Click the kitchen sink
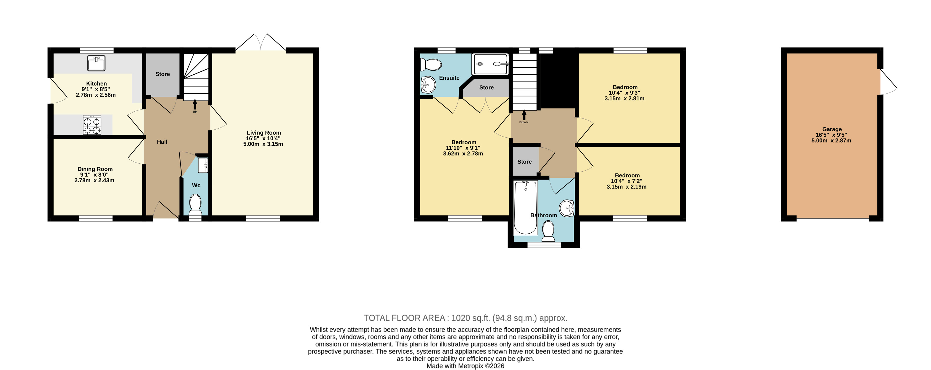coord(96,63)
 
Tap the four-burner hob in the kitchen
coord(92,125)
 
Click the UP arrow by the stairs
coord(195,105)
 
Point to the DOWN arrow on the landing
coord(524,115)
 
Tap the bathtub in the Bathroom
coord(525,208)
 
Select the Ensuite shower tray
coord(490,64)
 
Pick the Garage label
coord(832,129)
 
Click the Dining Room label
coord(95,169)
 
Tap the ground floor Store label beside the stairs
coord(163,74)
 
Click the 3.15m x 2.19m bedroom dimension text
coord(627,187)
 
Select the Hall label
coord(162,142)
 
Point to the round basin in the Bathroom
coord(566,208)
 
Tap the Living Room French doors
coord(261,43)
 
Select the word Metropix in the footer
coord(471,366)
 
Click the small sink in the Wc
coord(203,165)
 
